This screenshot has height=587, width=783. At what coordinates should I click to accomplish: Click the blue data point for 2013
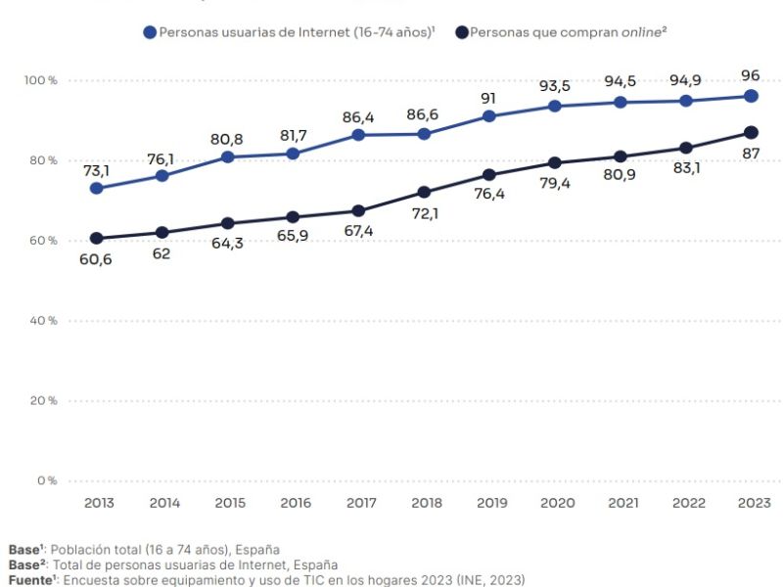pyautogui.click(x=96, y=188)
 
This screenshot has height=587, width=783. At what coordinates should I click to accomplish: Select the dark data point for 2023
pyautogui.click(x=751, y=133)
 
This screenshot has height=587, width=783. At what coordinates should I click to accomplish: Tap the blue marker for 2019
pyautogui.click(x=488, y=116)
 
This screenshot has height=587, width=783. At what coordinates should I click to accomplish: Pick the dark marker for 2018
pyautogui.click(x=424, y=192)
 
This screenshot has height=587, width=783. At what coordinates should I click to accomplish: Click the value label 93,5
pyautogui.click(x=554, y=86)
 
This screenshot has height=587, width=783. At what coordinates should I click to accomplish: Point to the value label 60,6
pyautogui.click(x=95, y=259)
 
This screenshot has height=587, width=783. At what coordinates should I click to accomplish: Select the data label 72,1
pyautogui.click(x=425, y=213)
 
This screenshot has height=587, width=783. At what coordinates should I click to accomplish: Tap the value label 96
pyautogui.click(x=750, y=76)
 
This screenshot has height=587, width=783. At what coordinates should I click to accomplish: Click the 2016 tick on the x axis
pyautogui.click(x=296, y=503)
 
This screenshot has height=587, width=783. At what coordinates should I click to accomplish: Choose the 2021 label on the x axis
pyautogui.click(x=623, y=503)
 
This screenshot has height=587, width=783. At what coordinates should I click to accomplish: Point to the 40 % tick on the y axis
pyautogui.click(x=43, y=321)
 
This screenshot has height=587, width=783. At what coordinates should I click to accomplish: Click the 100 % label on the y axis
pyautogui.click(x=40, y=80)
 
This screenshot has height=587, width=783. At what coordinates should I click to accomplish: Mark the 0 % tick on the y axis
pyautogui.click(x=47, y=480)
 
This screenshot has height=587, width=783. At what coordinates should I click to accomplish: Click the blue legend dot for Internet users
pyautogui.click(x=150, y=32)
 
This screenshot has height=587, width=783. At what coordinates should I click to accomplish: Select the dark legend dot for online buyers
pyautogui.click(x=462, y=32)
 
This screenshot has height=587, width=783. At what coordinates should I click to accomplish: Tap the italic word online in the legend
pyautogui.click(x=641, y=32)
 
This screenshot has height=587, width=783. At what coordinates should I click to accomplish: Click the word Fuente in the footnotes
pyautogui.click(x=30, y=580)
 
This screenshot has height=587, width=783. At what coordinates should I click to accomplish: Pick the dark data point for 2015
pyautogui.click(x=227, y=223)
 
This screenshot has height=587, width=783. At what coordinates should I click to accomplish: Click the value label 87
pyautogui.click(x=751, y=154)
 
